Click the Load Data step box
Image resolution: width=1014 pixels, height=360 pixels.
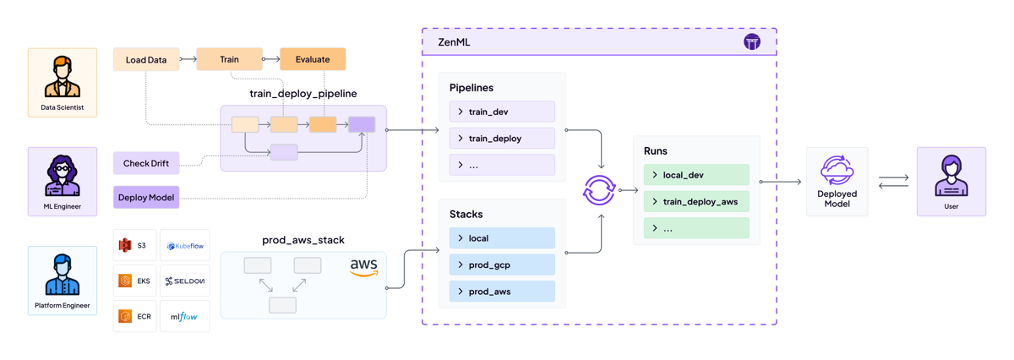pos(146,60)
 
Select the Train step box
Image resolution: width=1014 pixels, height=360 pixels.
pos(229,59)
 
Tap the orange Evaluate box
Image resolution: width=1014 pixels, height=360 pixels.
pos(313,59)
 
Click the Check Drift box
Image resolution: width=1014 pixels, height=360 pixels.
pos(146,163)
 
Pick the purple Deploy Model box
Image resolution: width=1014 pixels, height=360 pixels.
pos(146,198)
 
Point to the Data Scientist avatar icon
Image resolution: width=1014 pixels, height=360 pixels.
pos(63,77)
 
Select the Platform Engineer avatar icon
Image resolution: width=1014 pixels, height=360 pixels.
pos(63,275)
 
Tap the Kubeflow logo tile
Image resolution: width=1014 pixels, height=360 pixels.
pos(185,246)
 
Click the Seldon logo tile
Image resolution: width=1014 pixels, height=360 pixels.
pos(185,281)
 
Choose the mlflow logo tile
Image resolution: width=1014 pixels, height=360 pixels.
pos(185,317)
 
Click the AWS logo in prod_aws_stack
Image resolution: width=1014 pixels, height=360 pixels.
pos(363,268)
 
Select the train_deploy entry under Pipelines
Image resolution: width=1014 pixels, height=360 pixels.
pos(502,139)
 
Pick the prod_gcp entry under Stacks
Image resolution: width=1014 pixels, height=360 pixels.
pos(502,265)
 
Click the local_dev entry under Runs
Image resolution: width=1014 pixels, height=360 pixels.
pos(696,175)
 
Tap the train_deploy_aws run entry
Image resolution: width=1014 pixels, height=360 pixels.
pos(696,202)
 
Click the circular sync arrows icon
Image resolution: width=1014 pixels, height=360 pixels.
pos(599,190)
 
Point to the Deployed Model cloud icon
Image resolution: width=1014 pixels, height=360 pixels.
pos(837,171)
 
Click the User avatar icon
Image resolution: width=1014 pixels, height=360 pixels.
pos(951,176)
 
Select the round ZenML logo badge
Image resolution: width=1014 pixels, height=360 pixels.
pos(752,42)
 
